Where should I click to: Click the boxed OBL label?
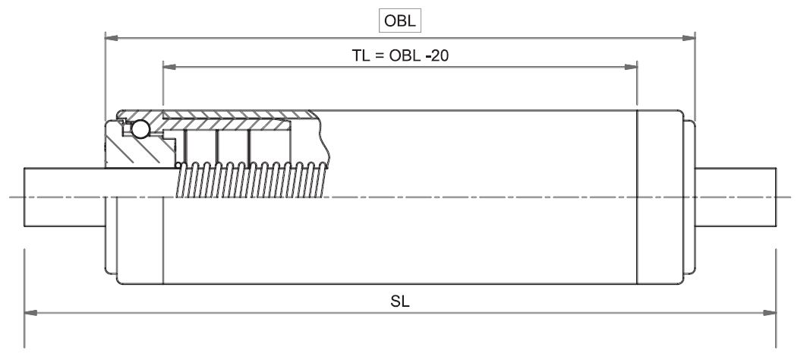click(x=400, y=21)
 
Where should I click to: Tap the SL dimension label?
click(x=400, y=301)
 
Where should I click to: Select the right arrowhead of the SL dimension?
click(x=771, y=311)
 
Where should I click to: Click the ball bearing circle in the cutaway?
click(x=140, y=131)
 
